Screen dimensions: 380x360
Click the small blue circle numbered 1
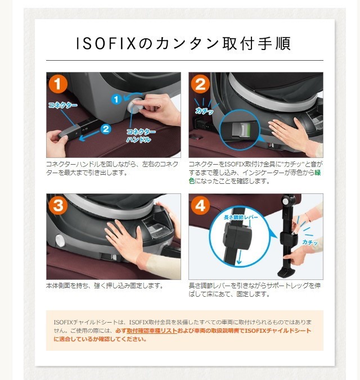(x=116, y=99)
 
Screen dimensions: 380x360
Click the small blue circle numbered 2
(x=105, y=128)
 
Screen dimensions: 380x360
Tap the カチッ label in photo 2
(x=204, y=112)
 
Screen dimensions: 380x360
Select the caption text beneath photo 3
(x=105, y=286)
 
